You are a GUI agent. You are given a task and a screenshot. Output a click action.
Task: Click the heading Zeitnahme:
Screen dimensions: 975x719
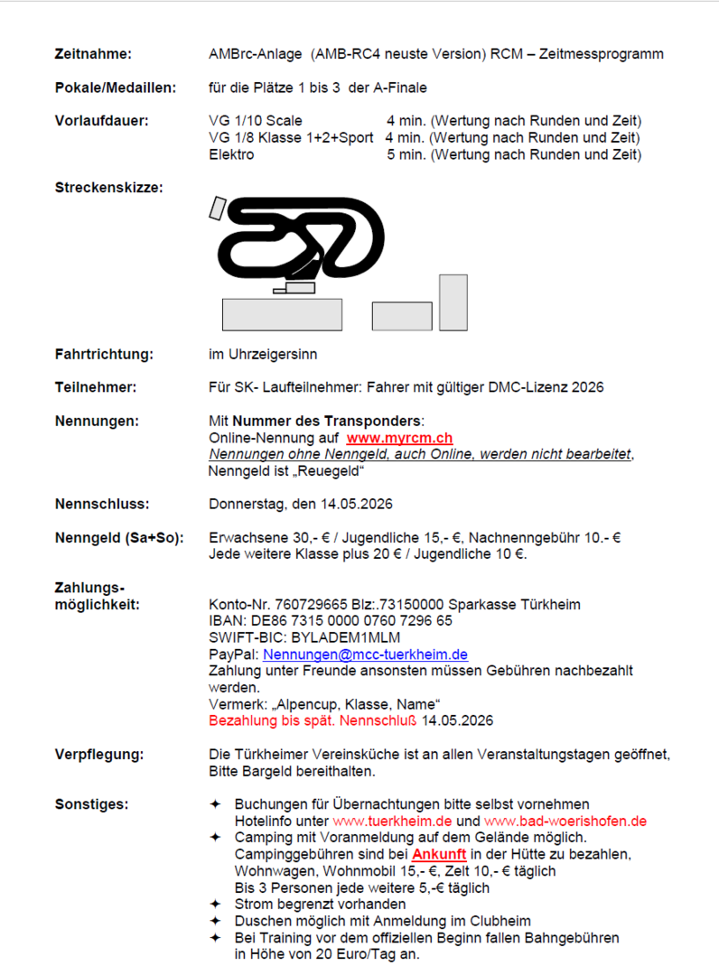coord(93,54)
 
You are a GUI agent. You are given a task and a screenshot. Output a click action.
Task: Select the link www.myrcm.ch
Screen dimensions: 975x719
coord(399,438)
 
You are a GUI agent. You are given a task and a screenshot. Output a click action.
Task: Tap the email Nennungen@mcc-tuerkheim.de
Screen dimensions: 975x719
coord(365,655)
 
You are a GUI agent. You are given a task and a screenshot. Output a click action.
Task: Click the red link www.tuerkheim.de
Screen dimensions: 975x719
coord(391,822)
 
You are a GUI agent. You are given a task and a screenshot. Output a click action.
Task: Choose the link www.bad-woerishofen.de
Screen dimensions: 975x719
coord(565,822)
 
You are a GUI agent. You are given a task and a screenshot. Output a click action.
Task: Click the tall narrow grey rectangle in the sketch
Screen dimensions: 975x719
coord(453,302)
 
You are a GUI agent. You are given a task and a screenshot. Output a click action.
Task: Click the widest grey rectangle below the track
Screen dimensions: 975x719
coord(282,314)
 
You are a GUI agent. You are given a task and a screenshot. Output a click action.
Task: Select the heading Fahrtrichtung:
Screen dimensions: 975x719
coord(103,354)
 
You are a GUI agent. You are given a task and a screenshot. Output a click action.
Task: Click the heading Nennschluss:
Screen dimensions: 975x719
coord(102,504)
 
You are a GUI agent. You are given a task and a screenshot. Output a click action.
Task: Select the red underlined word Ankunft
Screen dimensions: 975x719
coord(440,854)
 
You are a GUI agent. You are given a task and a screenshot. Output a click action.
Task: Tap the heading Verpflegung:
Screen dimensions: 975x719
coord(99,755)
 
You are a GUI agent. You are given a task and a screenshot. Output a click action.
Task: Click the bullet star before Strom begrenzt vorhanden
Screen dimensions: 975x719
coord(215,905)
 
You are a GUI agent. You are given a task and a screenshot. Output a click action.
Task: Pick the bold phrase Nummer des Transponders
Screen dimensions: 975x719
coord(328,422)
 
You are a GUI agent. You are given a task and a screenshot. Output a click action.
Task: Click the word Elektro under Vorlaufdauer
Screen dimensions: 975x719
coord(231,154)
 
